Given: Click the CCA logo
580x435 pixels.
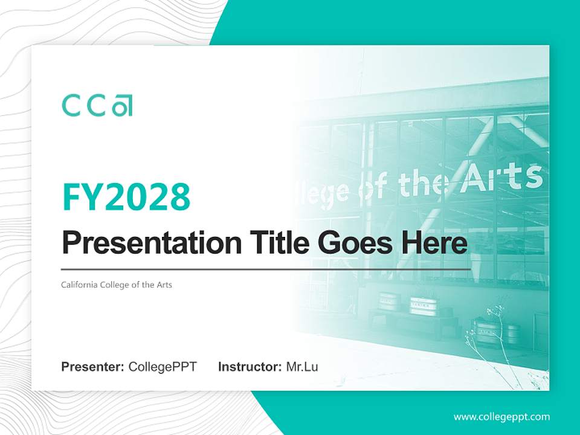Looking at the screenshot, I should coord(97,105).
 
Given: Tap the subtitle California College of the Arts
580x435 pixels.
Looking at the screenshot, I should coord(117,285).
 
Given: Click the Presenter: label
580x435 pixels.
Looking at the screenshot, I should coord(93,367).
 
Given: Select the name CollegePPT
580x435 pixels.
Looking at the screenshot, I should coord(163,367).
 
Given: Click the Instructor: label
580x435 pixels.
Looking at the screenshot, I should coord(250,367).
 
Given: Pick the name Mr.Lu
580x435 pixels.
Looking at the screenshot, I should coord(302,367).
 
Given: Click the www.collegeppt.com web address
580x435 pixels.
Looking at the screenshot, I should coord(501,416).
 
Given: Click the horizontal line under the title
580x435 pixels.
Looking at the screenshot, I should coord(266,269).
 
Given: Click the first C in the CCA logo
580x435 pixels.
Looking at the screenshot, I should coord(71,105).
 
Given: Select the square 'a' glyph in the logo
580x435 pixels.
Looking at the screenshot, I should coord(123,105).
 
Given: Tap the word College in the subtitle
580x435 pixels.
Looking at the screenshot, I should coord(111,285).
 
